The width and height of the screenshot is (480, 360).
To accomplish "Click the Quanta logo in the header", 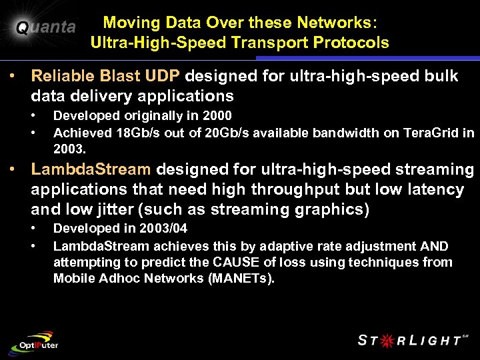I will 45,27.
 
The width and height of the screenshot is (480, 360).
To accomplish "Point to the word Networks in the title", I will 335,22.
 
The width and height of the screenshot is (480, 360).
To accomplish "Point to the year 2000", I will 217,116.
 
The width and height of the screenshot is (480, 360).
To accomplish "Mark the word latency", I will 431,189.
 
